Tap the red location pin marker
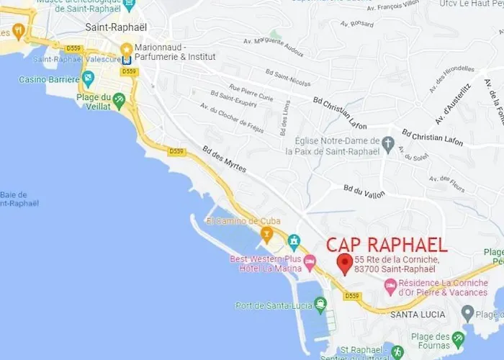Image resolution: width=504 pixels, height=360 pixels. click(345, 263)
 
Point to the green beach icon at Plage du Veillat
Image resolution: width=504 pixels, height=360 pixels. click(119, 98)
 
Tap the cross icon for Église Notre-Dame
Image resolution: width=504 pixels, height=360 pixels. click(388, 142)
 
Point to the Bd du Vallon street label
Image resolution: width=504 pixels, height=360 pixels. click(365, 191)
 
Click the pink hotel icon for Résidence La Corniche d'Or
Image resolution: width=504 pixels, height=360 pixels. click(390, 287)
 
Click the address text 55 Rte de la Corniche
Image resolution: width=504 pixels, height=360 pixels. click(397, 264)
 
